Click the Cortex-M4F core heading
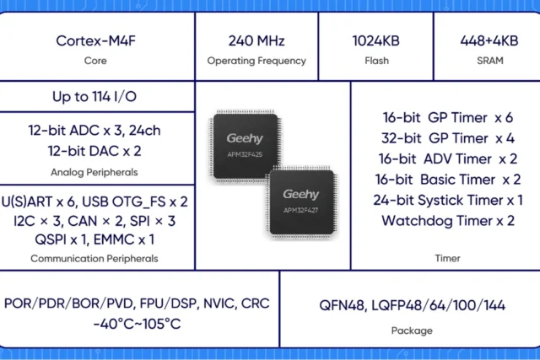coord(95,40)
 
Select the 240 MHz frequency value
coord(256,40)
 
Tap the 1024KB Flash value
coord(375,40)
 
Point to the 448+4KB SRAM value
coord(489,40)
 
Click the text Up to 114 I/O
coord(94,97)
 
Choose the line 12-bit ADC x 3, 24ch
coord(94,131)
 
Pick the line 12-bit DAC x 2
coord(94,151)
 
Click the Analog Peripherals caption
coord(94,172)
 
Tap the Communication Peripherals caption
coord(94,259)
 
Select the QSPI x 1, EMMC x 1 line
coord(94,239)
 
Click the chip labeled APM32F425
coord(246,146)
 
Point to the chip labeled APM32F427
coord(302,202)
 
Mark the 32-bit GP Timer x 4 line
coord(448,138)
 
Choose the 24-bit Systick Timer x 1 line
coord(448,201)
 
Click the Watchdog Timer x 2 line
coord(448,221)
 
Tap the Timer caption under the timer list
coord(447,258)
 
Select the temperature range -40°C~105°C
coord(137,324)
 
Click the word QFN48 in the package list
coord(342,306)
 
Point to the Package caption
coord(412,330)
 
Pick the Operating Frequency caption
coord(256,61)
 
